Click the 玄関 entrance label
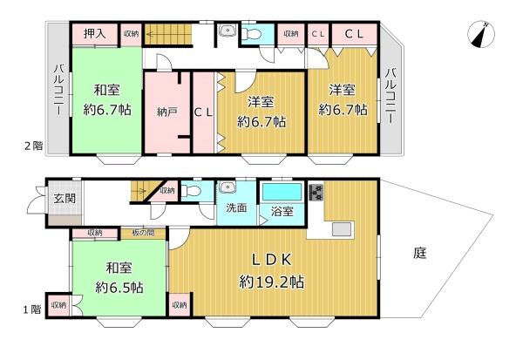tap(65, 198)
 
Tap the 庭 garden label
tap(420, 253)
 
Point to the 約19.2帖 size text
tap(271, 282)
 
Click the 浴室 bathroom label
tap(281, 211)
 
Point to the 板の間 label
tap(144, 232)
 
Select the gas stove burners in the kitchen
tap(315, 191)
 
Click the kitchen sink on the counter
tap(341, 229)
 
